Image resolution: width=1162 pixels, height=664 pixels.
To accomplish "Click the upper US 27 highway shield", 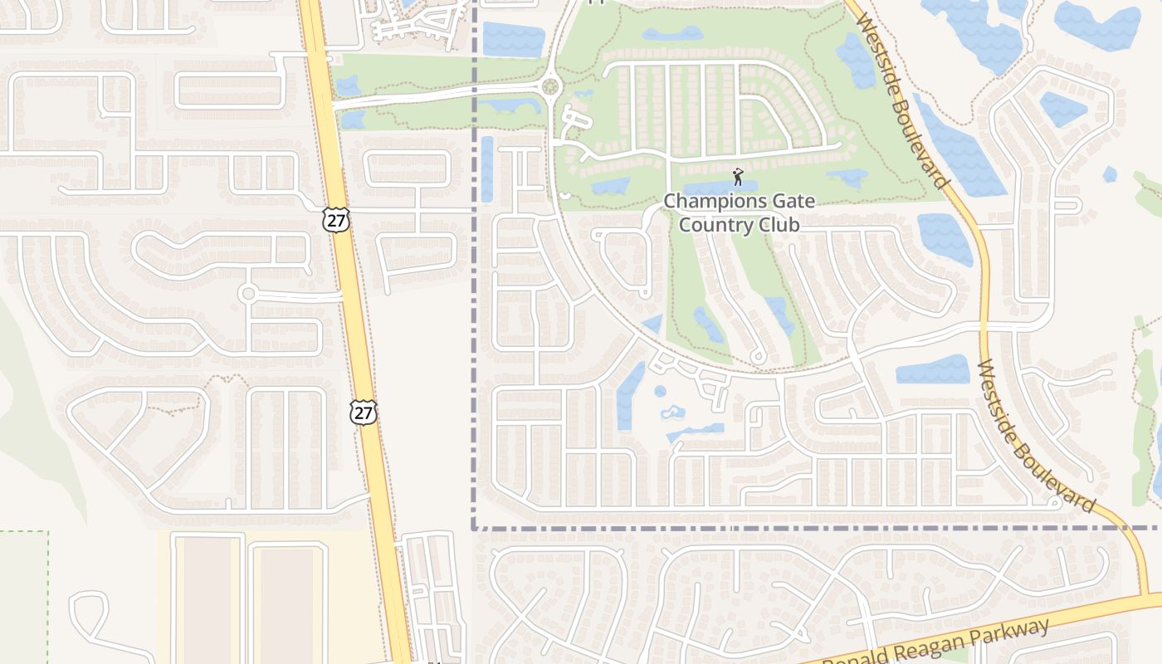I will coord(337,220).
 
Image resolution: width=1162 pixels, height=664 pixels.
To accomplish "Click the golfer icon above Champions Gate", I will coord(738,177).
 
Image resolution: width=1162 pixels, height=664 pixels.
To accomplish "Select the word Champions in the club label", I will coord(703,201).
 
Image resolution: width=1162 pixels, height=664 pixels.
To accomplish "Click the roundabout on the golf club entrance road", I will coord(549,85).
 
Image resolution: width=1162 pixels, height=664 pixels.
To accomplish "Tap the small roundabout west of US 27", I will coord(247,294).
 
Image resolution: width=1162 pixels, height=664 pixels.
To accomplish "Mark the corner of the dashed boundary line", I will coord(474,527).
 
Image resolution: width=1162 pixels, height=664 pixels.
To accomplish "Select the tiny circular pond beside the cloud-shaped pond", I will coord(660,391).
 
